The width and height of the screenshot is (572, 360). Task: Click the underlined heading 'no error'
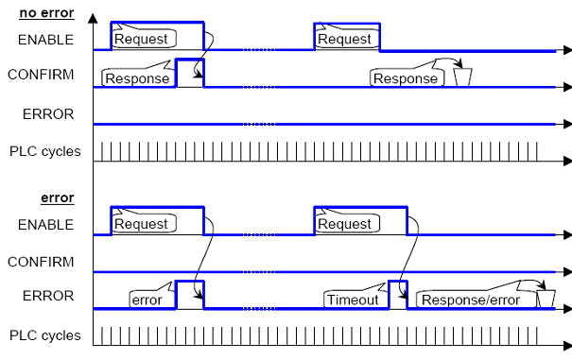(46, 13)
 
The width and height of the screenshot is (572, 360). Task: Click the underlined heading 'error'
(58, 197)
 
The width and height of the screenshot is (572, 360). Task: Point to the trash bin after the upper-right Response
(462, 77)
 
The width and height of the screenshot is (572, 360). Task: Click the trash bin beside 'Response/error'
(546, 299)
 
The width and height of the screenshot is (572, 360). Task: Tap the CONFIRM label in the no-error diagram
(41, 75)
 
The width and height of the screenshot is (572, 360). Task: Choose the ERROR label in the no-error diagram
(48, 114)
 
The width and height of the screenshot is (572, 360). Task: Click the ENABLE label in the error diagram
(45, 224)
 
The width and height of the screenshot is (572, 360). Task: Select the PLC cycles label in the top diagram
(44, 151)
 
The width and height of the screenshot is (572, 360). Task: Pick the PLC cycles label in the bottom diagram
(44, 335)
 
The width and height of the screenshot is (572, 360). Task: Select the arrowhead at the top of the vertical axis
(93, 19)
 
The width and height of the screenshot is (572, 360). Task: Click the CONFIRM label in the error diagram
(41, 262)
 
